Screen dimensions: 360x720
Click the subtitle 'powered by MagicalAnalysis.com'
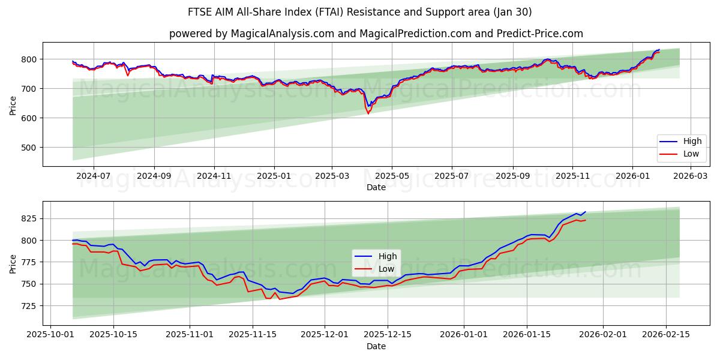251,34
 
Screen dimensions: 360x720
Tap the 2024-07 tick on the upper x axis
94,176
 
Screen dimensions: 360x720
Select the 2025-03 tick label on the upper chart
332,176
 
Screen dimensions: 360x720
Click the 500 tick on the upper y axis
29,148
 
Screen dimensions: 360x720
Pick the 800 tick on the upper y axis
29,59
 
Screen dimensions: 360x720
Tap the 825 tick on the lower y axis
29,219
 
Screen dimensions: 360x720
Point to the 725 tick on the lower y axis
29,306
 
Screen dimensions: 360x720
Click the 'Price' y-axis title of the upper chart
13,104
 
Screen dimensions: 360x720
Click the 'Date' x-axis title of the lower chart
376,347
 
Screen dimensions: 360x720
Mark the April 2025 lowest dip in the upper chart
368,113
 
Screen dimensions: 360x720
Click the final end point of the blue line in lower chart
585,212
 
